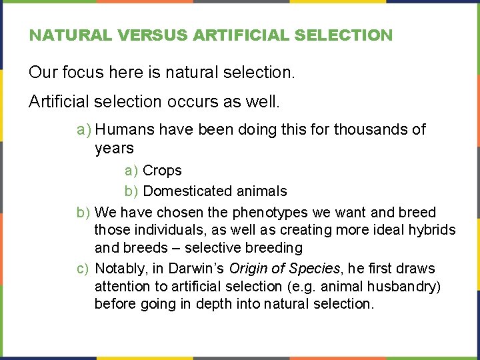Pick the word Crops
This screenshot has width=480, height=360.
tap(162, 171)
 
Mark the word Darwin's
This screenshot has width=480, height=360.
tap(198, 269)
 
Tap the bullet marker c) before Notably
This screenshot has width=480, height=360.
tap(83, 269)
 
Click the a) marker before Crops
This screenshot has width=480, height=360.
tap(131, 171)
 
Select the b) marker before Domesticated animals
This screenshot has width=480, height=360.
tap(131, 191)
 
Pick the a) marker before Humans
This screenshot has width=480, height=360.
tap(83, 129)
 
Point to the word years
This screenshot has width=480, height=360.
tap(114, 148)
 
